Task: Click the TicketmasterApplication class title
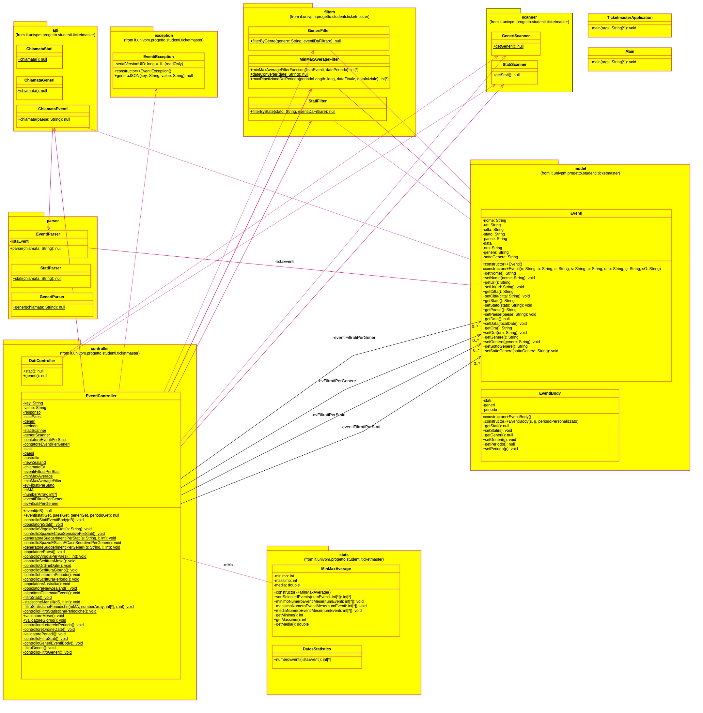630,18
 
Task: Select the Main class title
630,52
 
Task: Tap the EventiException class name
158,57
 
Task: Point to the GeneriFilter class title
319,31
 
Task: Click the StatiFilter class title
318,101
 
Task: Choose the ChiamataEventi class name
53,109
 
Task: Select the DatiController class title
42,361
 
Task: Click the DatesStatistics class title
317,649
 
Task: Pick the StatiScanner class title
514,65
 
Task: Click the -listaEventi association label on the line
285,262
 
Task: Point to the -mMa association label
228,565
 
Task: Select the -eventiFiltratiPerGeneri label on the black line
354,338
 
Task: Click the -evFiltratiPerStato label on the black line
328,415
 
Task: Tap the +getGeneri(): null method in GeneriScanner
508,47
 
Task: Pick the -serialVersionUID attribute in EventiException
149,64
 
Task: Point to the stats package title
344,555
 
